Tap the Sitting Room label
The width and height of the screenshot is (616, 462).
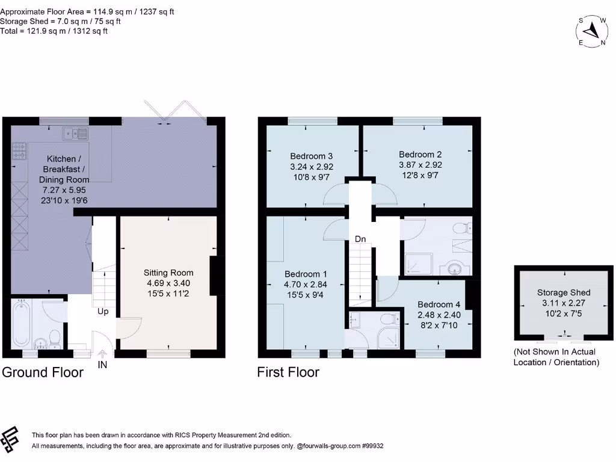[x=168, y=273]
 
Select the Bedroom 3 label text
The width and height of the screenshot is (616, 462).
[x=311, y=154]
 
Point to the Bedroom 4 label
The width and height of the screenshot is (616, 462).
[x=439, y=304]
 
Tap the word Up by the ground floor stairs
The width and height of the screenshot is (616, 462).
[x=103, y=312]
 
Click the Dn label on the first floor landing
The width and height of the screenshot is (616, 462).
[x=360, y=239]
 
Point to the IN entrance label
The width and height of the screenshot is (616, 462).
[x=102, y=365]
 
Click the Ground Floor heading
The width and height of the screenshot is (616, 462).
[x=43, y=372]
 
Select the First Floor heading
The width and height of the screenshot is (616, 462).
[x=288, y=372]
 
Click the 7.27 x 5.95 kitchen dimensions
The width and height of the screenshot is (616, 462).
[x=64, y=189]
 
